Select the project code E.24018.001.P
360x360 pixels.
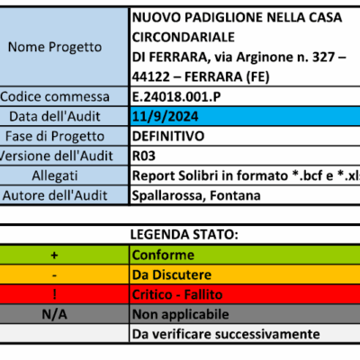pos(176,97)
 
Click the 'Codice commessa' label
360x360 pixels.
pos(63,97)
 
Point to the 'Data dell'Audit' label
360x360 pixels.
pos(63,117)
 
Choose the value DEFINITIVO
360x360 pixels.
pos(167,136)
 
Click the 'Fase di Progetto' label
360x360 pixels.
pos(63,136)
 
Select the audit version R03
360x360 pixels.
pos(143,156)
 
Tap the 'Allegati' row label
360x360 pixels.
pos(63,175)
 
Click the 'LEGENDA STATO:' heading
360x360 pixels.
pos(185,235)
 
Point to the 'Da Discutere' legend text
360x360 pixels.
pos(171,274)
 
